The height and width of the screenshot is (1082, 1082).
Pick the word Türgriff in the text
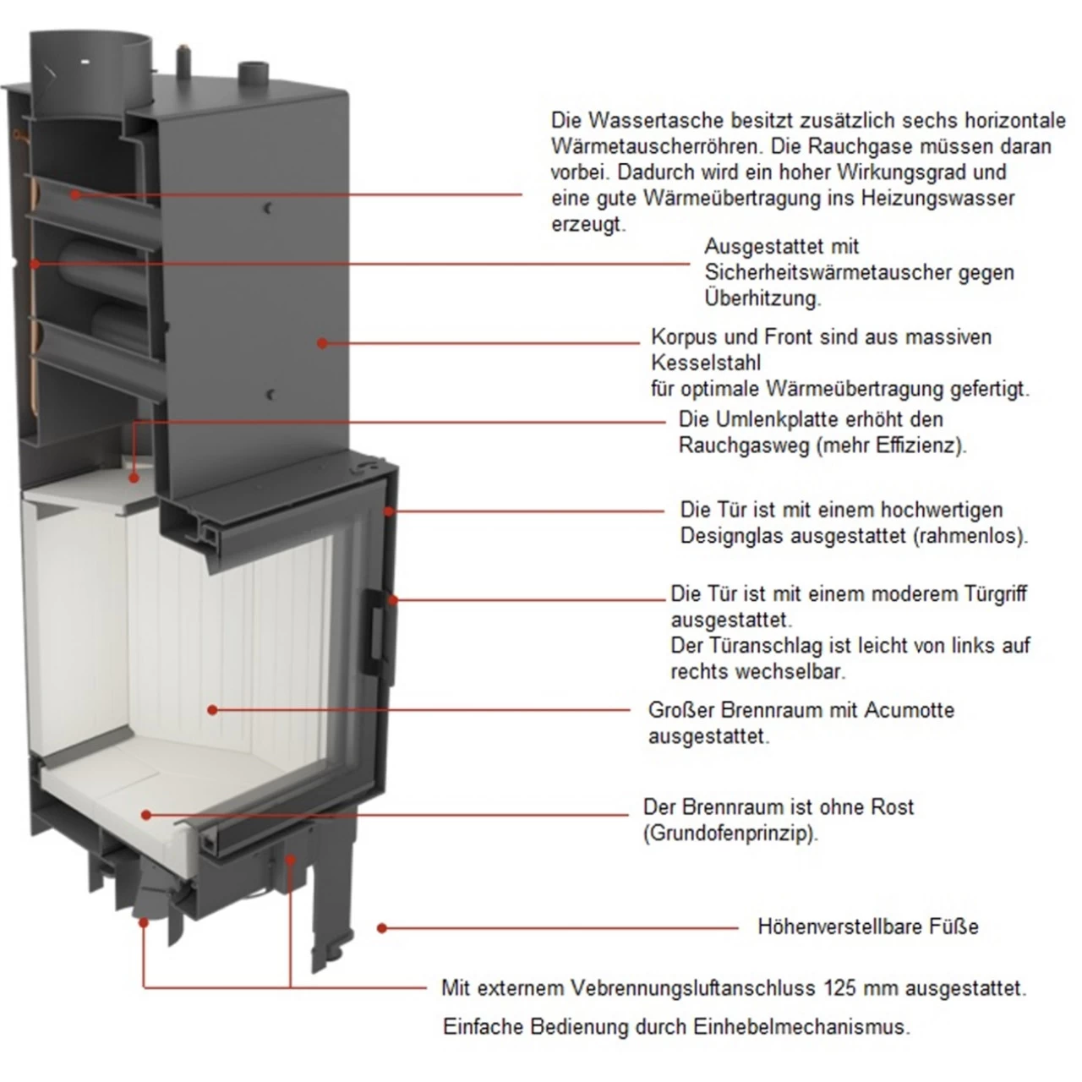(x=995, y=593)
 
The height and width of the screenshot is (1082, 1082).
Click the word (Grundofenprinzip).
(x=730, y=833)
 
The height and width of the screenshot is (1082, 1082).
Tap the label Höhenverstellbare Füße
(x=867, y=927)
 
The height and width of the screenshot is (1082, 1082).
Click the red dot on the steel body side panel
(x=321, y=342)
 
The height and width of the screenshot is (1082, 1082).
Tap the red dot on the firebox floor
(x=146, y=815)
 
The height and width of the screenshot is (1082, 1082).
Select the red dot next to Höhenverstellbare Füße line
(x=382, y=928)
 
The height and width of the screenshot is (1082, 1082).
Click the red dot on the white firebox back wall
(x=211, y=710)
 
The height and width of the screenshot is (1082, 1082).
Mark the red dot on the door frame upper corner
(x=390, y=511)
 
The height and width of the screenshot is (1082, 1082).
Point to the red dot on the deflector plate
(x=134, y=478)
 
